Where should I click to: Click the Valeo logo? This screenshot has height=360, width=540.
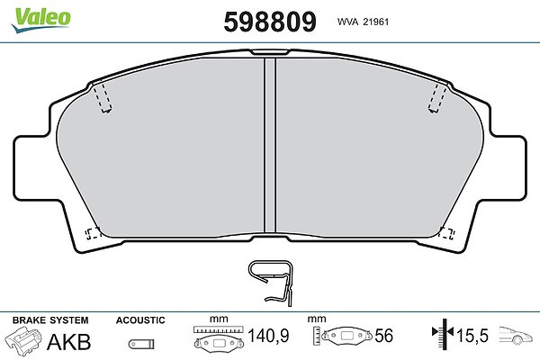[41, 19]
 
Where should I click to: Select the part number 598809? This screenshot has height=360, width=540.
[270, 22]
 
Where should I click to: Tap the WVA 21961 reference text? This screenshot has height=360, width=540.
[363, 22]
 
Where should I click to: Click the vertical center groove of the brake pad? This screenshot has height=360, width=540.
[270, 145]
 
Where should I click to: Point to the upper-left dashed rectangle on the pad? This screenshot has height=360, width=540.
[102, 98]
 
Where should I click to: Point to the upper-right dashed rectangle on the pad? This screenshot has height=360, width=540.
[437, 98]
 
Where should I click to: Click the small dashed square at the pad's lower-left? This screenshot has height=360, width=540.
[93, 234]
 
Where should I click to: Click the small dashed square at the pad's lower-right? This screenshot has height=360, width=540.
[446, 234]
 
